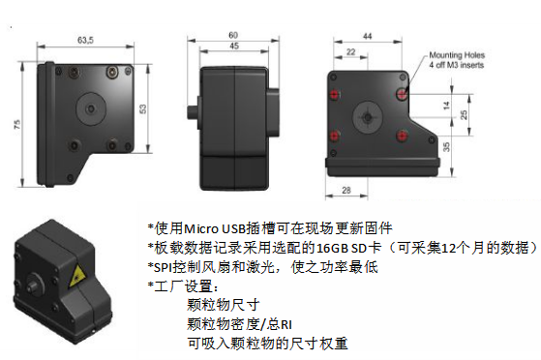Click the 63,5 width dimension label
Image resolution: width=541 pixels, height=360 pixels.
pos(85,40)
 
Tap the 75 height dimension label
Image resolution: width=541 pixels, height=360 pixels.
pos(16,124)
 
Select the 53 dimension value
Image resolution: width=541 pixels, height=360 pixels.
pos(142,109)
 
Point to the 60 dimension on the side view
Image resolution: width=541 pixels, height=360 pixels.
pos(233,35)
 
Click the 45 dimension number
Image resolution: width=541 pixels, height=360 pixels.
pos(234,45)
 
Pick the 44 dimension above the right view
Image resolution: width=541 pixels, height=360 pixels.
pos(368,36)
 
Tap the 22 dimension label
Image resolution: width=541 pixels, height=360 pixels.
pos(350,51)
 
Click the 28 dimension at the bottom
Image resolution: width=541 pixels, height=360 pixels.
pos(346,191)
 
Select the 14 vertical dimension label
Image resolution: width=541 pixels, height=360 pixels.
pos(446,105)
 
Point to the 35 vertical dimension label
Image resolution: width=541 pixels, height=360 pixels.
pos(446,147)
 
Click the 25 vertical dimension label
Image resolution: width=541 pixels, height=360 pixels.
pos(464,114)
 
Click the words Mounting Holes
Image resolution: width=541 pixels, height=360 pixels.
pos(457,55)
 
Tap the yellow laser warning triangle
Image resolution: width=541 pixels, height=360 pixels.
pos(75,276)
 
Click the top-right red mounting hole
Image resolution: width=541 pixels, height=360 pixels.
pos(402,94)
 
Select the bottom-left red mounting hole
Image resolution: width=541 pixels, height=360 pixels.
pos(334,136)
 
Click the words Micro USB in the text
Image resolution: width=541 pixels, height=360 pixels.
pos(215,228)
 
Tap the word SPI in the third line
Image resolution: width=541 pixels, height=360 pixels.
pos(163,267)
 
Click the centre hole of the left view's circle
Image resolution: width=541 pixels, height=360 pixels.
pos(91,109)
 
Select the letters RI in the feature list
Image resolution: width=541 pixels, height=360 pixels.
pos(286,325)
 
